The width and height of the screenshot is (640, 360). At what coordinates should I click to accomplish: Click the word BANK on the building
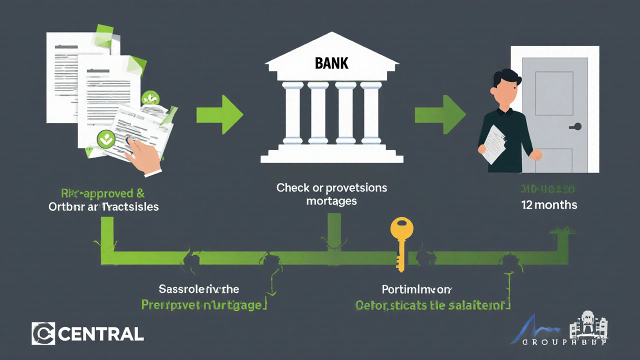pyautogui.click(x=332, y=63)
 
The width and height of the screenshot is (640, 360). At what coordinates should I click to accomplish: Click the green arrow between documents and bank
pyautogui.click(x=219, y=114)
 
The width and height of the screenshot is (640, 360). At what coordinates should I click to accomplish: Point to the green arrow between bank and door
pyautogui.click(x=440, y=114)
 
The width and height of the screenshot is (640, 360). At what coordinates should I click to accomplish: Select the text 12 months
pyautogui.click(x=549, y=204)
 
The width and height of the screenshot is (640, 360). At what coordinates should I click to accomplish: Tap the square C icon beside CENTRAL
pyautogui.click(x=43, y=333)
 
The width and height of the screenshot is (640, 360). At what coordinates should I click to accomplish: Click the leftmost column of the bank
pyautogui.click(x=292, y=112)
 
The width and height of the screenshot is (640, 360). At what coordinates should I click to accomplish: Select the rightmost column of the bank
pyautogui.click(x=371, y=112)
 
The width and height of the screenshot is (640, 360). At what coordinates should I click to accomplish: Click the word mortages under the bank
pyautogui.click(x=332, y=201)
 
